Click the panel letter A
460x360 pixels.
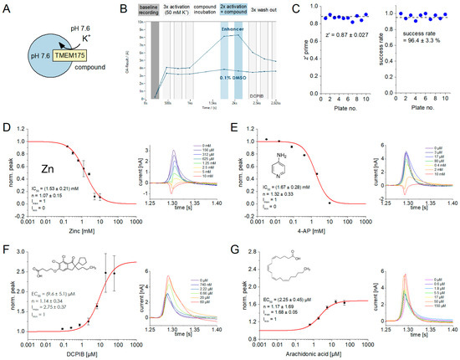tap(6, 8)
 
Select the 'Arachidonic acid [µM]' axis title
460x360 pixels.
tap(311, 354)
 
